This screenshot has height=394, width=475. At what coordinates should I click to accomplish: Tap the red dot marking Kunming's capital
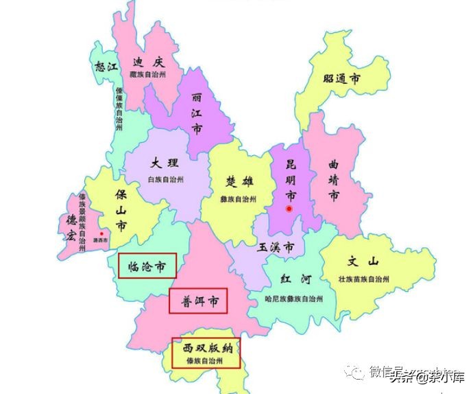[x=289, y=208]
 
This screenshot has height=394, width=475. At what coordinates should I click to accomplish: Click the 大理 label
[x=165, y=163]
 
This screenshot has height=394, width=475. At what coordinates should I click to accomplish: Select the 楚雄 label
[x=240, y=181]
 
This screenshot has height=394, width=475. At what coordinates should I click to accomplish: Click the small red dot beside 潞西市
[x=101, y=235]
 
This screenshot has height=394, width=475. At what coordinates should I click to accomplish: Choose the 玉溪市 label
[x=276, y=247]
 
